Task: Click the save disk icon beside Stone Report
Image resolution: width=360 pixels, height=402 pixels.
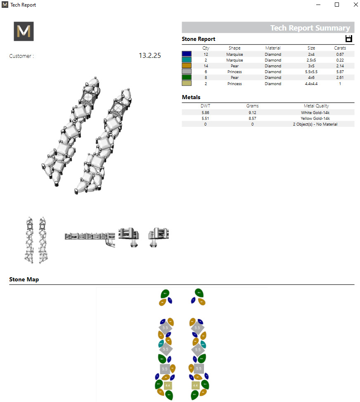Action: click(349, 39)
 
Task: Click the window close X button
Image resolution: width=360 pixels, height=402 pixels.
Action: click(355, 5)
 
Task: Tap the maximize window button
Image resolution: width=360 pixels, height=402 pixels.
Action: click(337, 5)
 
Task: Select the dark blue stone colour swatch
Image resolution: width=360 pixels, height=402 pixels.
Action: click(187, 54)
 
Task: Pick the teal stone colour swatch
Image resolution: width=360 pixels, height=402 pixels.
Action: click(187, 60)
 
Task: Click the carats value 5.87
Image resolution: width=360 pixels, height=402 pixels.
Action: click(340, 72)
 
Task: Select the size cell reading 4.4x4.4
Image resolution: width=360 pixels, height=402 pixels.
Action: click(311, 83)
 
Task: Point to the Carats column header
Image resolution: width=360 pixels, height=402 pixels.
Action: click(340, 48)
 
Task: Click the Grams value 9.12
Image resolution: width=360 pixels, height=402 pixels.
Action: click(252, 112)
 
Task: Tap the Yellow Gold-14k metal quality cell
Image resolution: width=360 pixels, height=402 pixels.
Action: click(315, 118)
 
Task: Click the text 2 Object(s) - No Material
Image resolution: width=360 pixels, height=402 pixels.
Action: click(315, 124)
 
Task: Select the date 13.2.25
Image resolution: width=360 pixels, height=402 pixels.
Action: click(149, 56)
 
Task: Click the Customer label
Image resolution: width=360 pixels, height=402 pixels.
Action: click(21, 56)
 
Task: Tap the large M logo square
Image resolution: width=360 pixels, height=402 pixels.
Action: click(24, 31)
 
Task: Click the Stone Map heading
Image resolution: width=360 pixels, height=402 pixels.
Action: click(24, 280)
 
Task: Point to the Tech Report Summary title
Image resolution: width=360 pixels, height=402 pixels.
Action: click(310, 28)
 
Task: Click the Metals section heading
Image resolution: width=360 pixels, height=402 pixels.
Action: click(191, 98)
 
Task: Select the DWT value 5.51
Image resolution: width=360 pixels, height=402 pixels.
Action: click(206, 118)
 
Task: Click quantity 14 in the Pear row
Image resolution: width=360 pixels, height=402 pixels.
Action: click(206, 66)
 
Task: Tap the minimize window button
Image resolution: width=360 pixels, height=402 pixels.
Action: click(319, 5)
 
